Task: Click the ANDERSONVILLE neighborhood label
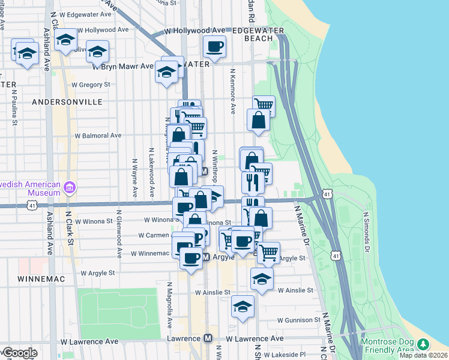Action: pos(67,102)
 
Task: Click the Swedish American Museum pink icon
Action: pos(70,188)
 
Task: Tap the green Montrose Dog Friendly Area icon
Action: pos(424,344)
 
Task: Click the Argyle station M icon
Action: pos(205,257)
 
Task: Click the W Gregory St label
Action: pos(91,85)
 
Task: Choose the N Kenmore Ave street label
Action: pos(232,91)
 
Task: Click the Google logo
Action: pos(20,353)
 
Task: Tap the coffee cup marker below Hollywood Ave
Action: pos(215,46)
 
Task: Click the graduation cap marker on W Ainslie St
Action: pos(262,279)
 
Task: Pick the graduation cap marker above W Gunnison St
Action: pos(243,307)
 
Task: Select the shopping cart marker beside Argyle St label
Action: pos(268,253)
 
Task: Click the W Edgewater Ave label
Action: pos(90,14)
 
